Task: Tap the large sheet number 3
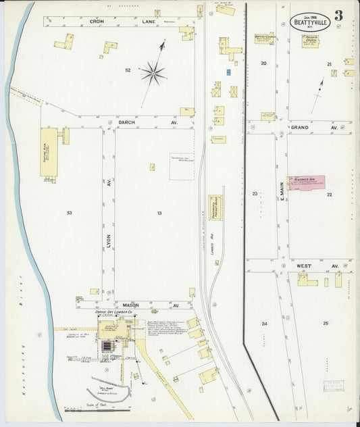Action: click(337, 15)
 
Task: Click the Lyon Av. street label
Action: click(108, 239)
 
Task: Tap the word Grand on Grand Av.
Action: click(300, 127)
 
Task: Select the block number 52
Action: click(127, 70)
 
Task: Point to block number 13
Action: click(159, 213)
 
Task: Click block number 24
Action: click(264, 324)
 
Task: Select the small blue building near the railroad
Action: click(229, 71)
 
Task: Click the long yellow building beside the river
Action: click(49, 153)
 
